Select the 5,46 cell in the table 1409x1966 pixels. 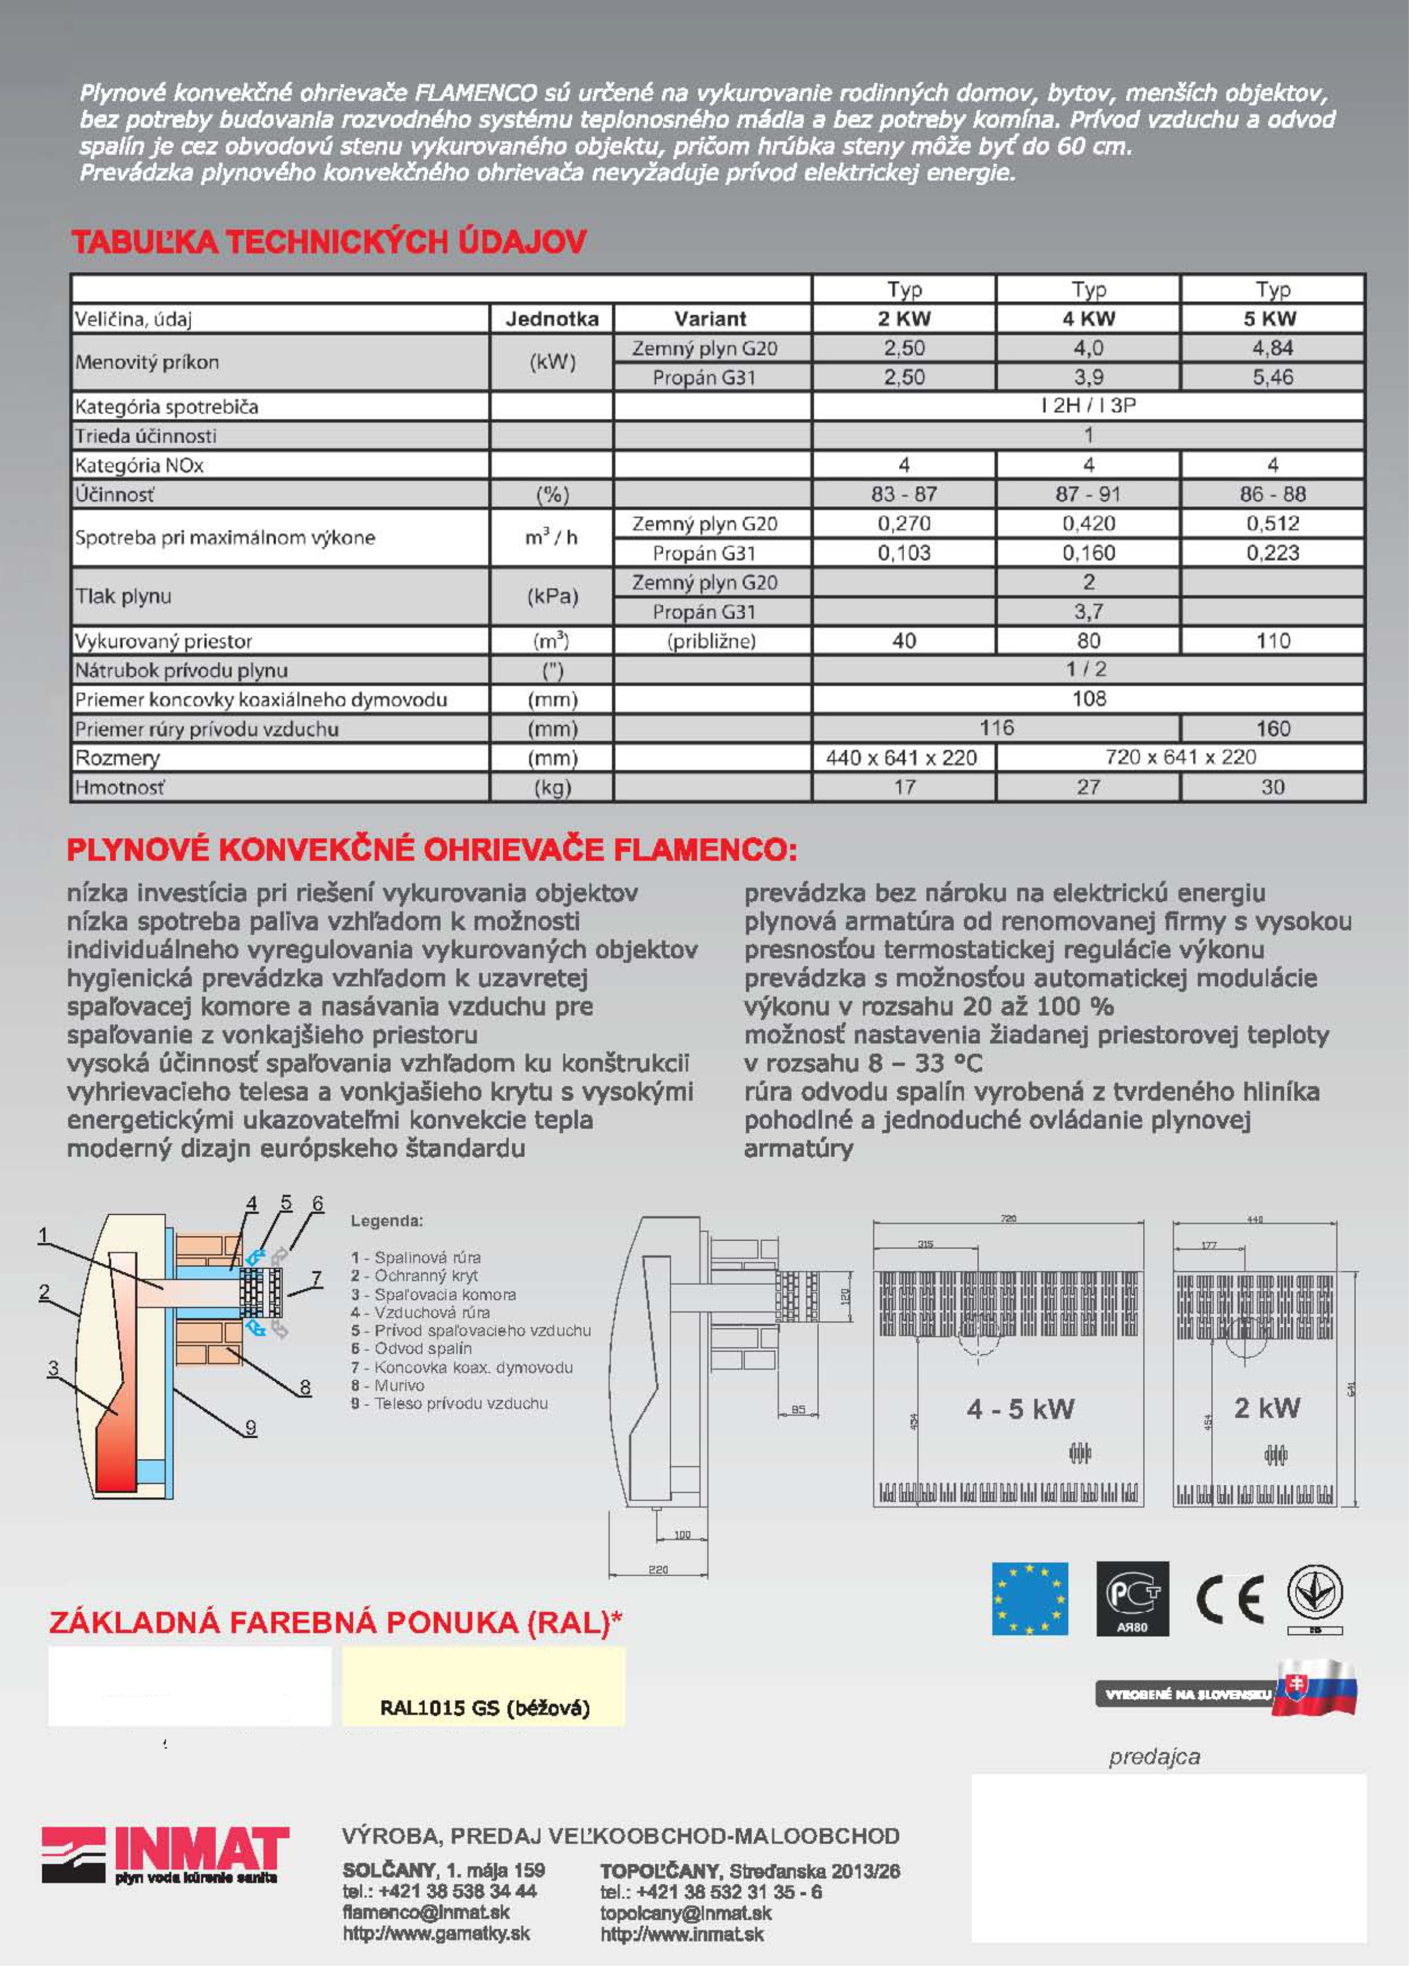pyautogui.click(x=1272, y=377)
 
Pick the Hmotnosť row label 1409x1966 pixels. pyautogui.click(x=120, y=787)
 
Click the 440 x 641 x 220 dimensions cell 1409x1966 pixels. pyautogui.click(x=902, y=757)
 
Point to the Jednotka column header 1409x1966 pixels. pyautogui.click(x=551, y=319)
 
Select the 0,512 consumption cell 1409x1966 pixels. pyautogui.click(x=1272, y=524)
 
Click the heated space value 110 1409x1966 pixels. pyautogui.click(x=1272, y=641)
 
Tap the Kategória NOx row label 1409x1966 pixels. pyautogui.click(x=139, y=465)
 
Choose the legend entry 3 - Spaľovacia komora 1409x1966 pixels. pyautogui.click(x=433, y=1294)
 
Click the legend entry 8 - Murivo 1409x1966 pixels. pyautogui.click(x=388, y=1385)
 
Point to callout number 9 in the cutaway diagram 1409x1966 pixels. pyautogui.click(x=250, y=1427)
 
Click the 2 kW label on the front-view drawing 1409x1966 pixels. pyautogui.click(x=1267, y=1407)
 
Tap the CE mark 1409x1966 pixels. pyautogui.click(x=1229, y=1600)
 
